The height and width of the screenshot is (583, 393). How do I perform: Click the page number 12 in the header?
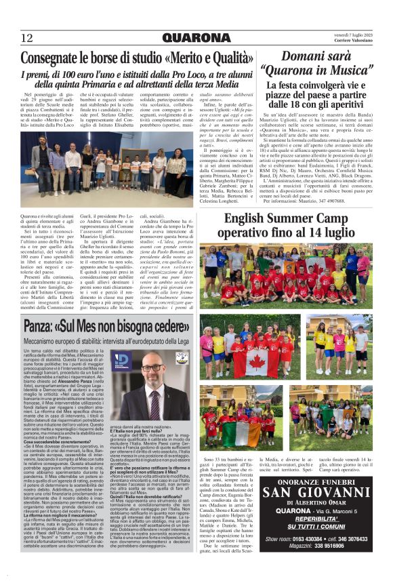(28, 38)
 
